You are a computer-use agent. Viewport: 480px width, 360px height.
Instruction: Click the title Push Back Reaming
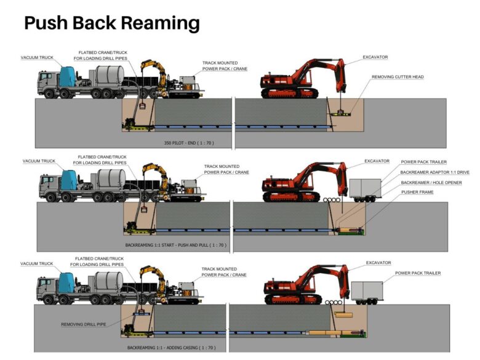coord(111,23)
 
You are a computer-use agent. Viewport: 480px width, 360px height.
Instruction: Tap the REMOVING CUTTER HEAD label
coord(398,77)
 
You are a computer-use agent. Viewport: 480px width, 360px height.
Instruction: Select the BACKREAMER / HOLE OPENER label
coord(431,183)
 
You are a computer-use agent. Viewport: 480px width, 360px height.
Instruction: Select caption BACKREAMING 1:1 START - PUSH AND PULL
coord(176,244)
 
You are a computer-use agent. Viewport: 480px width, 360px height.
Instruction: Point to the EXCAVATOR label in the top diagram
coord(375,57)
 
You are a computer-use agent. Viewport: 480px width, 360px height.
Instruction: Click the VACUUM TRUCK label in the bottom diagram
coord(37,263)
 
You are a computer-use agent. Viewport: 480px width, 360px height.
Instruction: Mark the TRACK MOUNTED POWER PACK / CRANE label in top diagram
coord(225,65)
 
